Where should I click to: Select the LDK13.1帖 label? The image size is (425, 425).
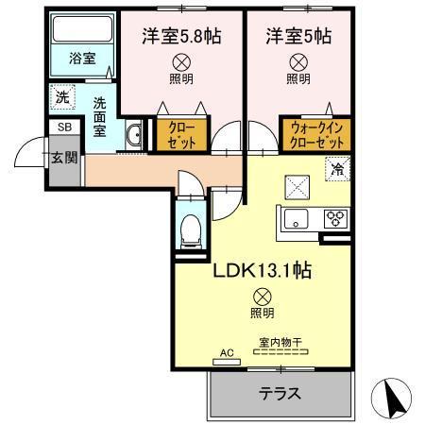coord(261,270)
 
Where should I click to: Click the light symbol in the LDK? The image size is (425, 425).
coord(262,296)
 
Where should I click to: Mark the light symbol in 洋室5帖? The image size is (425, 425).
coord(297,62)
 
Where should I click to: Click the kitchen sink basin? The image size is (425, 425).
coord(295,220)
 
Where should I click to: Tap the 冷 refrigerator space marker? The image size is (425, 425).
coord(337,169)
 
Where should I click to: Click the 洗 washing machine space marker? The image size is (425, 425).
coord(61,95)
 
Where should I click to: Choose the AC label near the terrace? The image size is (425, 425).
coord(226,354)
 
